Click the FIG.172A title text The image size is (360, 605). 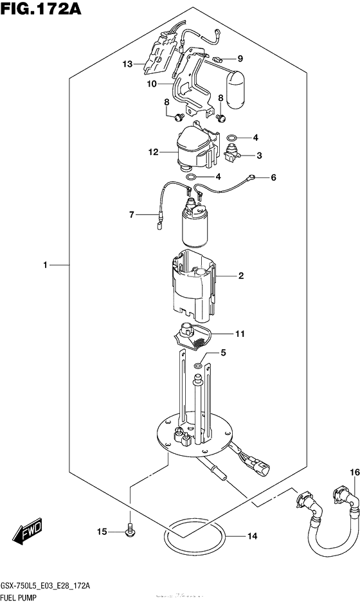[x=41, y=8]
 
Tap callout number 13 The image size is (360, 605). [x=128, y=64]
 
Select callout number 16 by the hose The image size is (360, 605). [x=355, y=473]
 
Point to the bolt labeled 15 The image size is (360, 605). [x=130, y=532]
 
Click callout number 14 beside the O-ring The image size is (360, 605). [x=253, y=536]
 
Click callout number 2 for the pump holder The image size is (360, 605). [x=241, y=275]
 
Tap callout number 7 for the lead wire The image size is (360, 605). [x=132, y=214]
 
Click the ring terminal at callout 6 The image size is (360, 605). [x=251, y=177]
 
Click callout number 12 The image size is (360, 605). [x=153, y=152]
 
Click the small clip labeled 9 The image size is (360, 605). [x=218, y=60]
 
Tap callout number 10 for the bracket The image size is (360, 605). [x=152, y=84]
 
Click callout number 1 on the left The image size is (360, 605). [x=45, y=265]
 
